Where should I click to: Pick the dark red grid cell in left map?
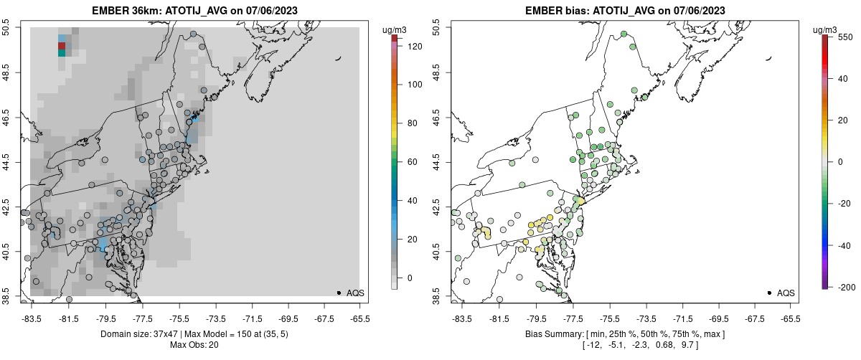tap(62, 46)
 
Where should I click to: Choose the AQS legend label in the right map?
tap(786, 293)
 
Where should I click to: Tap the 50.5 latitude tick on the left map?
tap(6, 27)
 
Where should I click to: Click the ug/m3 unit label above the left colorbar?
tap(395, 29)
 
